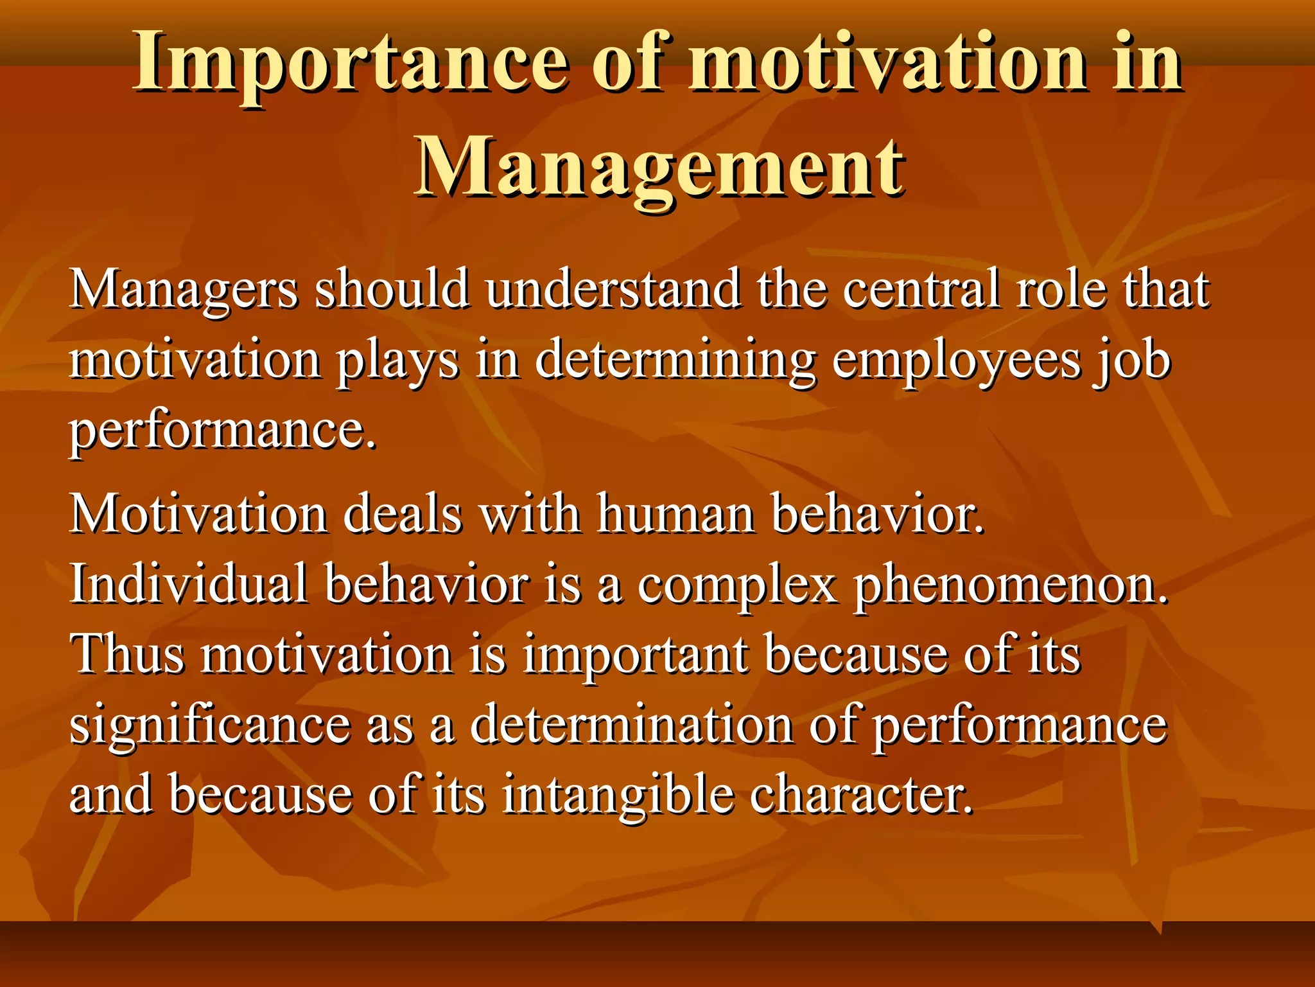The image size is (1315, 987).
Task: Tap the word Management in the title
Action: pyautogui.click(x=659, y=168)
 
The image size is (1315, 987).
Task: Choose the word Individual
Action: pyautogui.click(x=189, y=585)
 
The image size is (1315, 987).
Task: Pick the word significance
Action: pyautogui.click(x=209, y=726)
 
